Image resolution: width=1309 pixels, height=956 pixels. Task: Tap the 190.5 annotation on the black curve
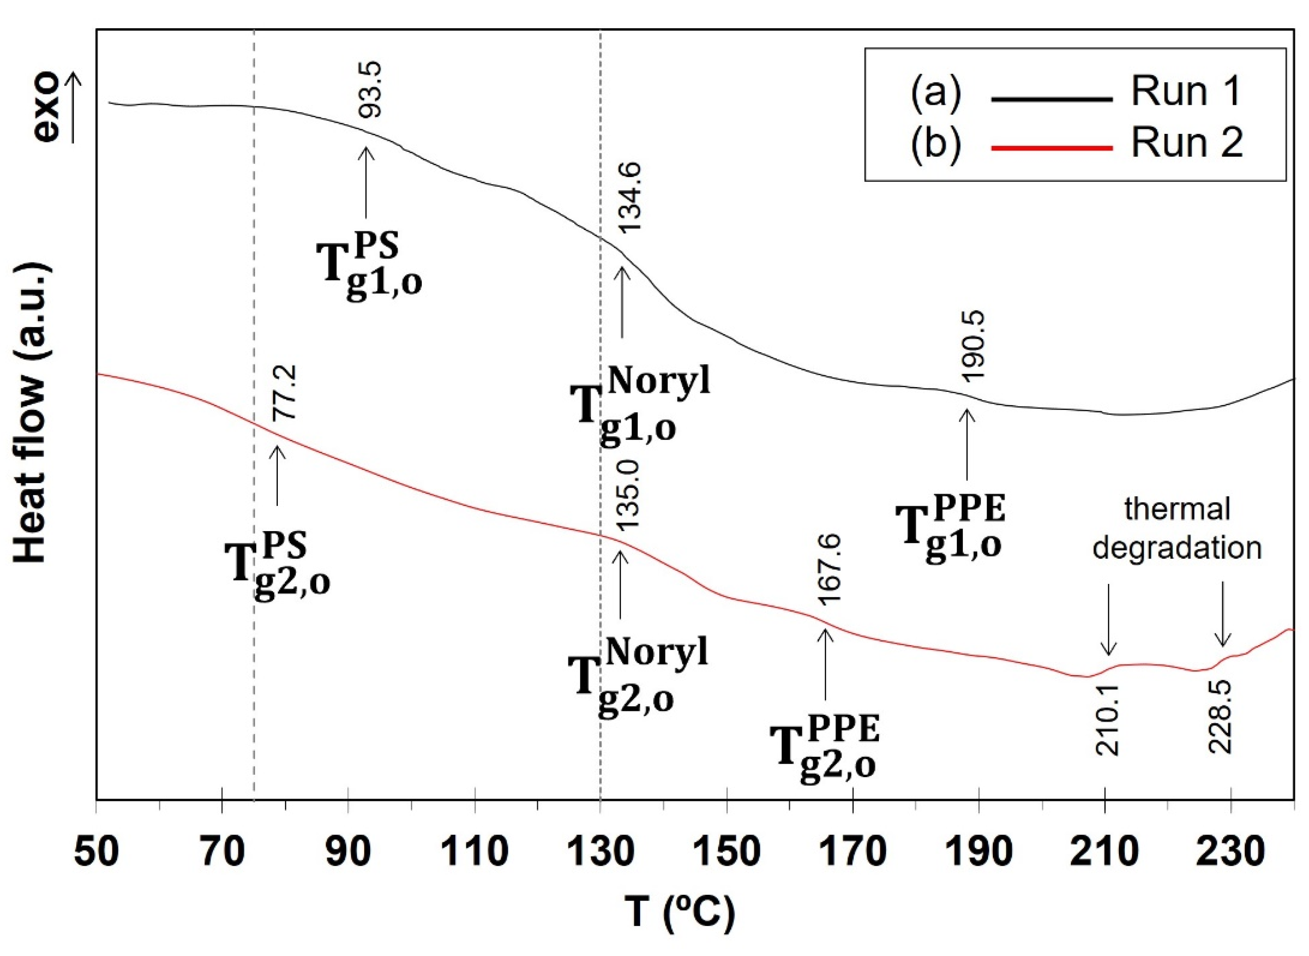point(972,346)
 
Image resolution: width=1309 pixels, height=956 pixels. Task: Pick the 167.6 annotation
point(830,570)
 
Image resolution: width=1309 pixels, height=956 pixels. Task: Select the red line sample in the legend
point(1052,148)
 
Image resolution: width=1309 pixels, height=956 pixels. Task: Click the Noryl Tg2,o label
point(637,675)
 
